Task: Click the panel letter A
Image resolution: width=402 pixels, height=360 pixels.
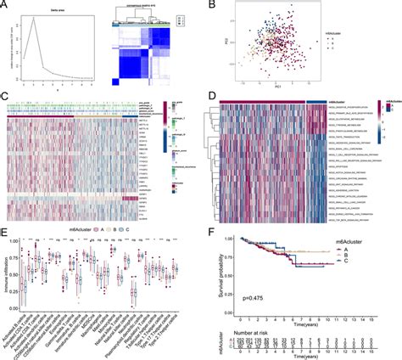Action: [5, 5]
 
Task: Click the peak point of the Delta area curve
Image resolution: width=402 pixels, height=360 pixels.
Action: [30, 20]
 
